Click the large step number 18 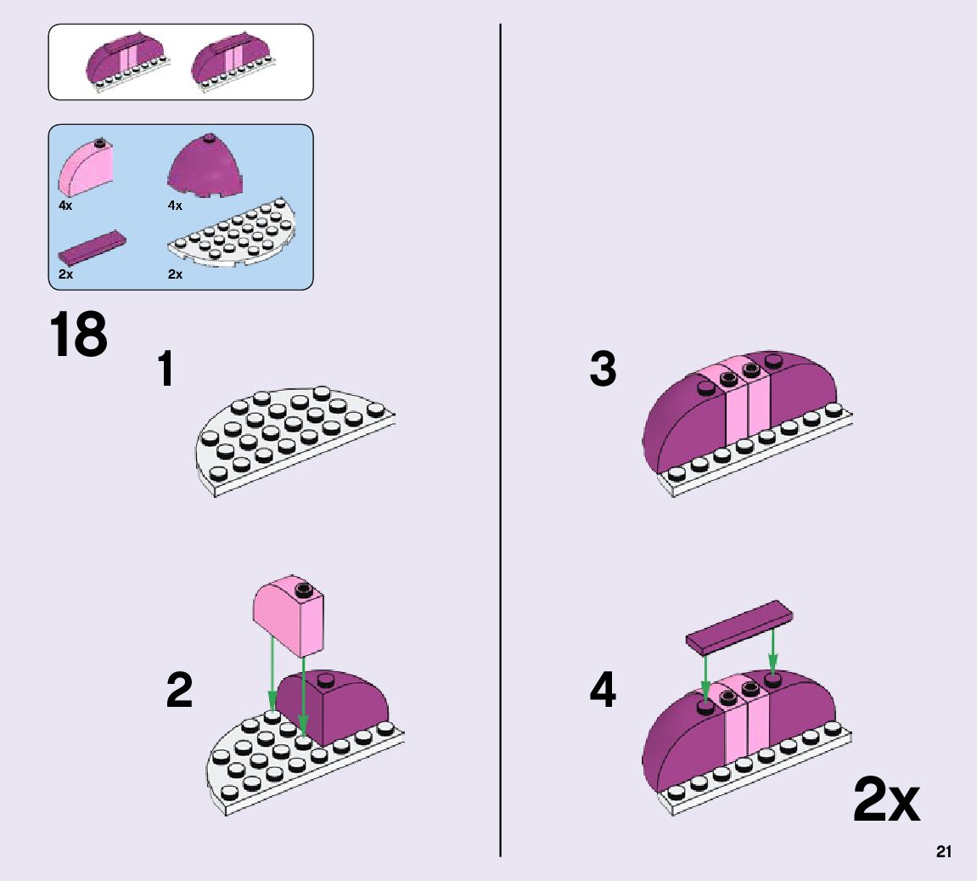click(x=79, y=335)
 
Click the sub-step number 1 click(x=167, y=370)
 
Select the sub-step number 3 click(x=603, y=370)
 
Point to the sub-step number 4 click(x=603, y=690)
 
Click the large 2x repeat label click(x=885, y=800)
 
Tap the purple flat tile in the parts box click(x=93, y=247)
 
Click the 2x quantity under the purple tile click(x=65, y=274)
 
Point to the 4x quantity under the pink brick click(x=65, y=206)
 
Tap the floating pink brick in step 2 click(x=289, y=615)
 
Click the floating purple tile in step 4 click(x=738, y=626)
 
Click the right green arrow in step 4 click(x=772, y=653)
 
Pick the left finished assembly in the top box click(x=128, y=63)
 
